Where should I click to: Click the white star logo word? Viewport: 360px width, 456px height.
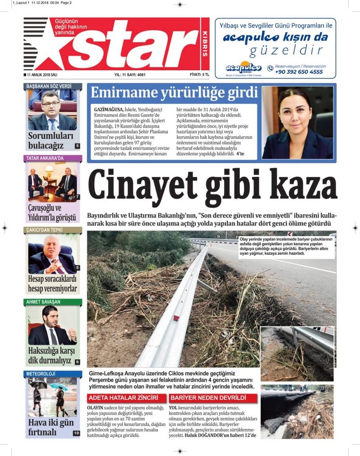coord(135,45)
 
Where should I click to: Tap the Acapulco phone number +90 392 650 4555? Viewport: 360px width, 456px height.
coord(298,72)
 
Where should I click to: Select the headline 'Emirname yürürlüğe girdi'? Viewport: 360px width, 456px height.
coord(174,93)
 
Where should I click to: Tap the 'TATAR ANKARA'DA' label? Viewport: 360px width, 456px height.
coord(45,158)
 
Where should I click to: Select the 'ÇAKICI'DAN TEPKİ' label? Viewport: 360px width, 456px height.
coord(45,230)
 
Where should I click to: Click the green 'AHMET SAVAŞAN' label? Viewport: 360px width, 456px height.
coord(43,302)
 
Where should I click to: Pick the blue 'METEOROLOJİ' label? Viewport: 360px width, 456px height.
coord(40,374)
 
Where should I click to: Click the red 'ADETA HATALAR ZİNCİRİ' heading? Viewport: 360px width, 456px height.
coord(123,398)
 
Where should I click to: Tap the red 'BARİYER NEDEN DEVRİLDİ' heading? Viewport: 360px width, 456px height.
coord(208,398)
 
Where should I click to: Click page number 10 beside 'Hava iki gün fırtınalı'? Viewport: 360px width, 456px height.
coord(76,433)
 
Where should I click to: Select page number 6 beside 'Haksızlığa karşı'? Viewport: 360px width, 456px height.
coord(77,361)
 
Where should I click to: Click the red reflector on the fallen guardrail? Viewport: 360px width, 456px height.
coord(176,318)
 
